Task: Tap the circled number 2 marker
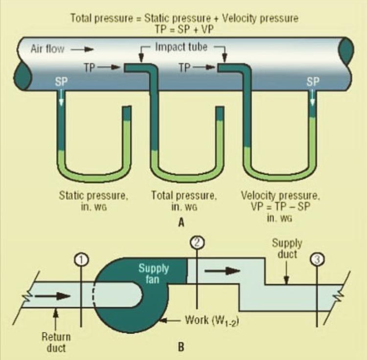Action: (196, 241)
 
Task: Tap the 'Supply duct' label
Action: (287, 249)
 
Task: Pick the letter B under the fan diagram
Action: (181, 349)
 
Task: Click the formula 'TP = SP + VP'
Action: (184, 29)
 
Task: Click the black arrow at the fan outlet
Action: (223, 270)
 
